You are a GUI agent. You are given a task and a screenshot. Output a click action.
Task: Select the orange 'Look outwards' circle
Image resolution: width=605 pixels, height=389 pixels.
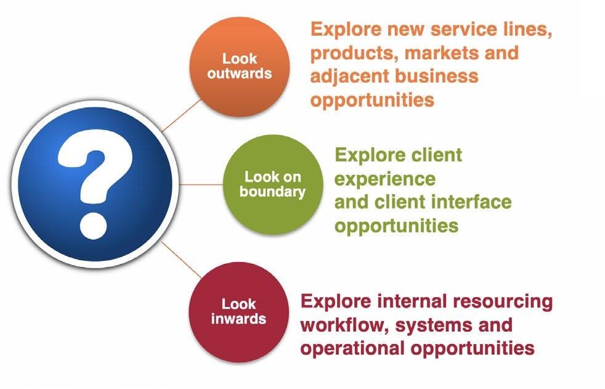click(240, 67)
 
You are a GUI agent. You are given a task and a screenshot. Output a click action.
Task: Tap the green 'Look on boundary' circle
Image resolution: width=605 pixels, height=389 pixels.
click(272, 184)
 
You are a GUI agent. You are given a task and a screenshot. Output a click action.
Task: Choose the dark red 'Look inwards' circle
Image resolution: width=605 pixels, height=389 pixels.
click(238, 311)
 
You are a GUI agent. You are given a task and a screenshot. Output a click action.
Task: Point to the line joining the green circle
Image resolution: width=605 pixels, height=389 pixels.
click(200, 184)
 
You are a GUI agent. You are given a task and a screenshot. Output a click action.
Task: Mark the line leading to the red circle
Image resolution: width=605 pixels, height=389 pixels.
click(181, 258)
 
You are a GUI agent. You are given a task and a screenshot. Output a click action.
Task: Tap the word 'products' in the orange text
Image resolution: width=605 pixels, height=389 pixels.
click(355, 52)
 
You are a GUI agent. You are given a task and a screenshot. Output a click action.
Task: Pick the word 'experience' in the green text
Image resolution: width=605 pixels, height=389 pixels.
click(385, 179)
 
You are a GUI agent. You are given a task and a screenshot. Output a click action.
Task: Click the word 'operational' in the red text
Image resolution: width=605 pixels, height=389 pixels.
click(351, 347)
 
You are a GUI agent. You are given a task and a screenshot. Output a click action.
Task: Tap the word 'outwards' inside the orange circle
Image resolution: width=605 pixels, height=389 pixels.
click(239, 73)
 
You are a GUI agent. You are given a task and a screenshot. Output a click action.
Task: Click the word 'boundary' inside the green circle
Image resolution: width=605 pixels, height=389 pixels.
click(272, 191)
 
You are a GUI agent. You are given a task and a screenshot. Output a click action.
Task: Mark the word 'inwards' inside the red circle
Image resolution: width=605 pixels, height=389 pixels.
click(238, 319)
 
